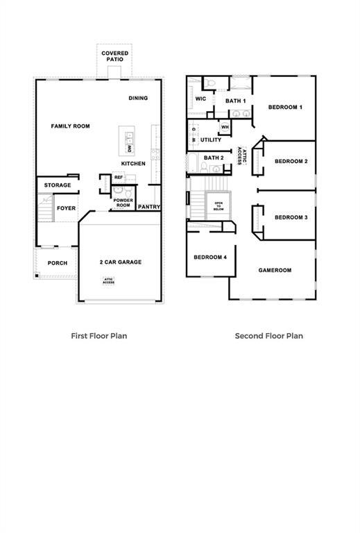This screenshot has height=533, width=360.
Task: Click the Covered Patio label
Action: pos(114,56)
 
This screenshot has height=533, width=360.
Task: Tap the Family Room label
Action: pos(71,126)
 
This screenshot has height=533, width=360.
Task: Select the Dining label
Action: pos(138,98)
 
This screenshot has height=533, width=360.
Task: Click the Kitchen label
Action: pos(133,164)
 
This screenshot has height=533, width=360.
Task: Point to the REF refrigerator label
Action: pos(119,178)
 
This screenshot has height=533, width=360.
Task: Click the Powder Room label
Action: pos(123,203)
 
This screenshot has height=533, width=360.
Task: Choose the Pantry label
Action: pos(149,207)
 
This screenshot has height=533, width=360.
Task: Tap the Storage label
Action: pos(58,185)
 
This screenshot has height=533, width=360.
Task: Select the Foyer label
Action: pos(66,208)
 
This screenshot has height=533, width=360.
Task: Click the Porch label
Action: pos(58,263)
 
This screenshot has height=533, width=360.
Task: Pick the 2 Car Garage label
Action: pos(120,262)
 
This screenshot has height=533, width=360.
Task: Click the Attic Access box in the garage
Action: pos(109,281)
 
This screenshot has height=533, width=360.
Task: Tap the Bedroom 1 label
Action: pos(285,108)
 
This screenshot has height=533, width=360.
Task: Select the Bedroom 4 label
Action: pos(210,257)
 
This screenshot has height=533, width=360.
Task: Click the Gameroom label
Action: pos(275,270)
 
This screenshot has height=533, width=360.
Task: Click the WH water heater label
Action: pos(225,128)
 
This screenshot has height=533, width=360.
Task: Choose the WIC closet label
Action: pos(200,99)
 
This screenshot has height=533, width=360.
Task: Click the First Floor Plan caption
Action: pos(99,335)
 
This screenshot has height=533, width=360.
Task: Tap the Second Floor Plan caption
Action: pos(269,335)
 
